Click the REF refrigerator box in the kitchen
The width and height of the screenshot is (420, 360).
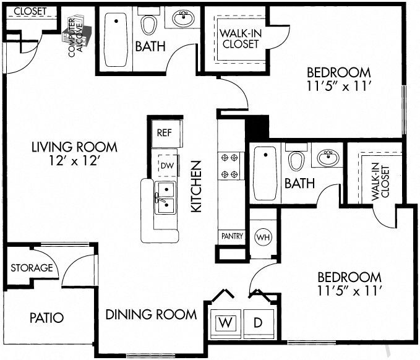(x=164, y=132)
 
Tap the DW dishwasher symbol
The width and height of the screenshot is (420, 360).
(x=166, y=165)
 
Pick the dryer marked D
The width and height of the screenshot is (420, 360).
(x=258, y=322)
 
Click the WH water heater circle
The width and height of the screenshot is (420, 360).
(x=262, y=237)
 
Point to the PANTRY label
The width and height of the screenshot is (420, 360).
(x=232, y=236)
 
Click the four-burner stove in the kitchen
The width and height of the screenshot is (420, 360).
(x=230, y=166)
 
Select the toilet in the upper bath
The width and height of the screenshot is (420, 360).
(x=148, y=25)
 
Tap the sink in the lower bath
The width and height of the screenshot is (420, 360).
(x=328, y=158)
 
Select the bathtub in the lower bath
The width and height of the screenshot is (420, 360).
(x=264, y=173)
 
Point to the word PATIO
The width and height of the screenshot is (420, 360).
(x=47, y=318)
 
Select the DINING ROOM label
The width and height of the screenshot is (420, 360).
(x=151, y=314)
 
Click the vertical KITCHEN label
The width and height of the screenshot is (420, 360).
(x=196, y=187)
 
